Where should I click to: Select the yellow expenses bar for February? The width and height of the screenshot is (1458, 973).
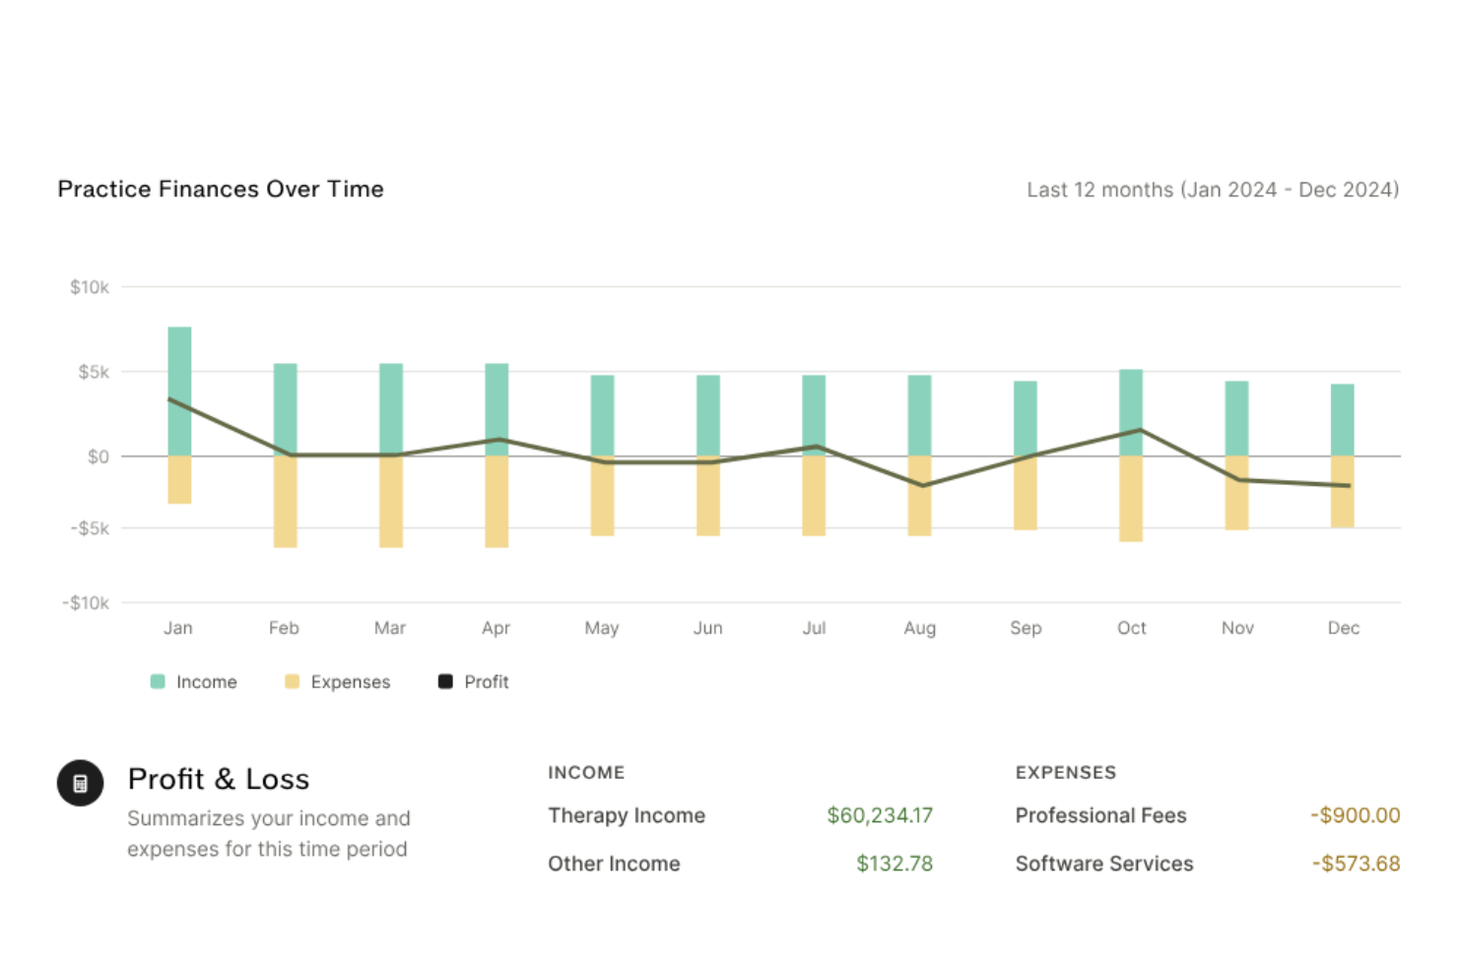[285, 501]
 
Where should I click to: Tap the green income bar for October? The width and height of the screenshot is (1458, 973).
[1131, 412]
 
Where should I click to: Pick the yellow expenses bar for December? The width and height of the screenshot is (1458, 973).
[1342, 491]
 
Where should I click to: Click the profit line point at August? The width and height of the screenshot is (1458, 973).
[921, 485]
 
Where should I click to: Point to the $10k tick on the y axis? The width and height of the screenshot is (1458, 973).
[89, 287]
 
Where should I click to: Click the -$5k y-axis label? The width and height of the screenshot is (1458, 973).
[90, 528]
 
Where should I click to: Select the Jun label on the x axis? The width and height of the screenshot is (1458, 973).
[707, 628]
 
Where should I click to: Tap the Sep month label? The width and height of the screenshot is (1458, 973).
[1026, 628]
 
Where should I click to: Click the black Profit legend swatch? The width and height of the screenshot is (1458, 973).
[445, 681]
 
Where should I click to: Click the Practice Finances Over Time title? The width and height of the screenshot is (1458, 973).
[221, 189]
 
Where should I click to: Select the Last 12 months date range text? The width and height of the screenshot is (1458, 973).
[1212, 189]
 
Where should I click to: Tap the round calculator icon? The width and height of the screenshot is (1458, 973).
[80, 784]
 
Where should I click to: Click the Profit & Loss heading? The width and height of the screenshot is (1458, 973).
[219, 779]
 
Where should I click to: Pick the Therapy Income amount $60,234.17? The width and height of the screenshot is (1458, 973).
[879, 815]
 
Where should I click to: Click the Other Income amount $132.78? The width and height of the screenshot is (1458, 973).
[894, 864]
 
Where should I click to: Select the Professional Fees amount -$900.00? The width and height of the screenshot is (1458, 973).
[1355, 815]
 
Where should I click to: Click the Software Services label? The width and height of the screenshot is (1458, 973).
[1103, 864]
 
